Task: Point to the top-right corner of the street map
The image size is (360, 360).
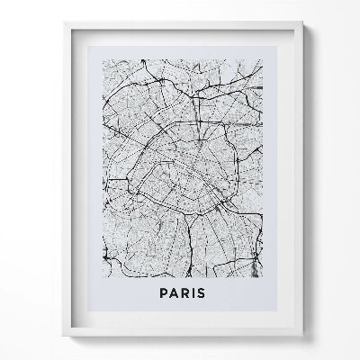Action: (x=263, y=59)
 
